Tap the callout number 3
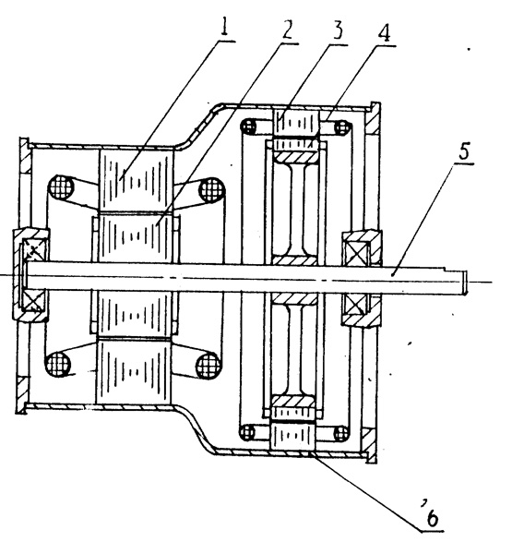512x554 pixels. [x=338, y=30]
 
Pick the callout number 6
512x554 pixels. [x=432, y=518]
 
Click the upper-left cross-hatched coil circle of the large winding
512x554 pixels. [x=61, y=187]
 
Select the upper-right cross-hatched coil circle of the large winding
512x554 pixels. [x=212, y=189]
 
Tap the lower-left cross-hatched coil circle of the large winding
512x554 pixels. [x=59, y=364]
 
